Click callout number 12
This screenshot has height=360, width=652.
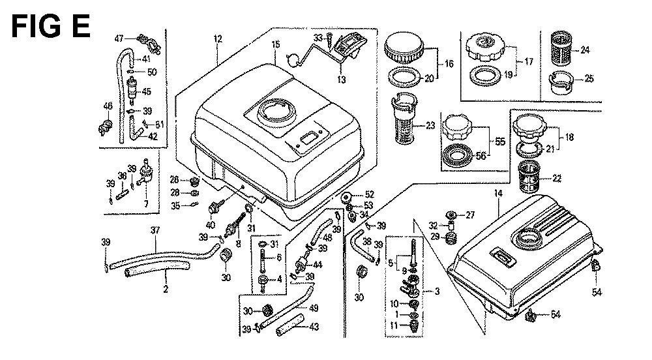click(x=217, y=40)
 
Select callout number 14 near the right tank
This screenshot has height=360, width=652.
click(x=499, y=194)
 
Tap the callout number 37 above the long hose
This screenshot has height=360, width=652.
click(x=155, y=230)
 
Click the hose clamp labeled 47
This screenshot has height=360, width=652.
click(x=146, y=44)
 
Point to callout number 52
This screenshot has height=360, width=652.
click(x=369, y=194)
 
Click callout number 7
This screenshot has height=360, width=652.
click(x=146, y=204)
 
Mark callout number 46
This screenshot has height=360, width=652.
click(x=108, y=105)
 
